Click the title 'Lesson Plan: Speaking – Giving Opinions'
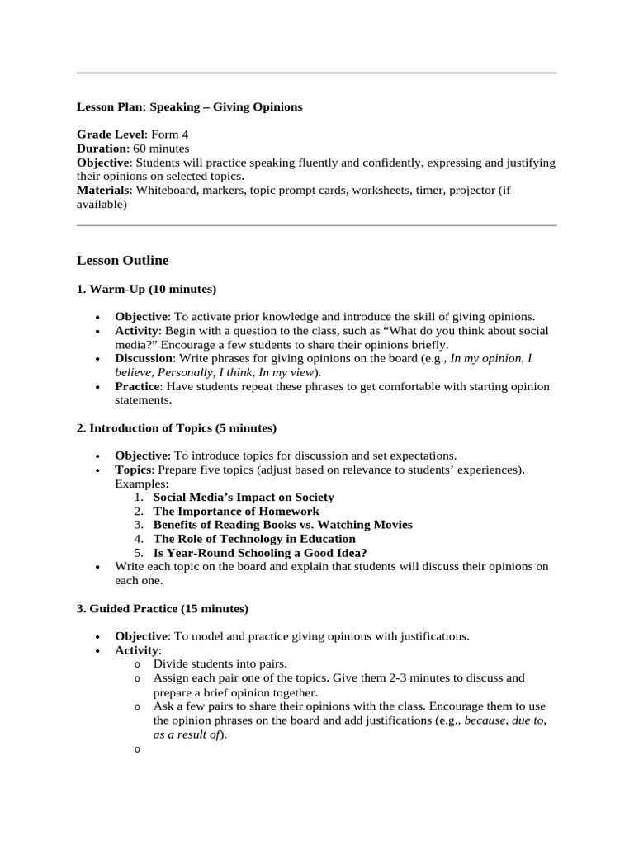point(189,107)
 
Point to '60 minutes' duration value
point(161,149)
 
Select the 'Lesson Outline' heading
point(122,261)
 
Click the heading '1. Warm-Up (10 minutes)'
point(146,289)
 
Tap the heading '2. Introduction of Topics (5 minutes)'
point(176,428)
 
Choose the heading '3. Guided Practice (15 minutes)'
point(162,609)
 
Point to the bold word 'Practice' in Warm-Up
point(136,386)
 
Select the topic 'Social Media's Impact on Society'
point(244,498)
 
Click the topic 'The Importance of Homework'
point(236,512)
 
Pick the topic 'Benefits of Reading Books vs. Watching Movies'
point(282,525)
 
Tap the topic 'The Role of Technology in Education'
point(254,539)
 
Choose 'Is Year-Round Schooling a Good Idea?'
point(260,553)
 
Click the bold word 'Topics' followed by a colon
point(133,470)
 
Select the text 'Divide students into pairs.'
point(220,663)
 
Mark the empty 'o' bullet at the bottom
point(137,749)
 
